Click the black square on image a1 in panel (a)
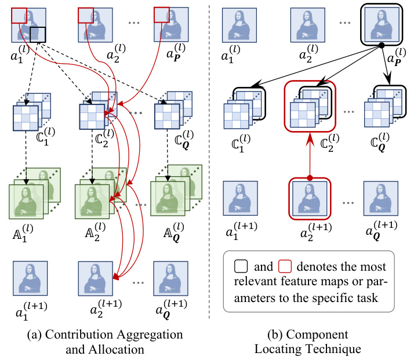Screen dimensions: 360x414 click(x=37, y=34)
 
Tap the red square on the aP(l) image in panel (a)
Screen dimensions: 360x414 click(x=161, y=16)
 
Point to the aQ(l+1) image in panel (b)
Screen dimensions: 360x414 click(x=380, y=197)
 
